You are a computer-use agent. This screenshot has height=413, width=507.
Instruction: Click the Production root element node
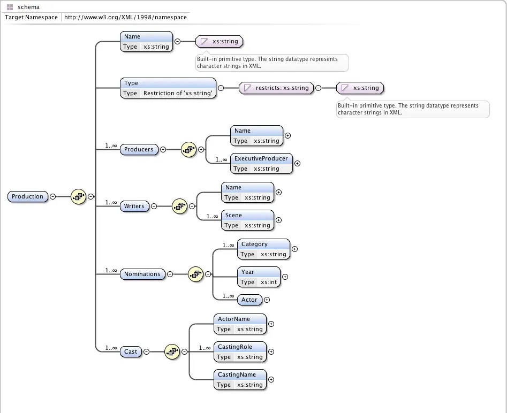click(x=27, y=196)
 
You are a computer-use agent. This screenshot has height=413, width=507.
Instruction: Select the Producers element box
click(x=139, y=149)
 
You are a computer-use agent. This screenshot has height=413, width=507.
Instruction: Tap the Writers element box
click(x=134, y=206)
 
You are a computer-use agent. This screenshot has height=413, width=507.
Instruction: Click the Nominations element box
click(x=142, y=274)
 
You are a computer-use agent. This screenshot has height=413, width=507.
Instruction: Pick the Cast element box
click(x=131, y=351)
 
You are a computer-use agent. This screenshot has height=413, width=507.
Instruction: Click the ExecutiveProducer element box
click(x=261, y=164)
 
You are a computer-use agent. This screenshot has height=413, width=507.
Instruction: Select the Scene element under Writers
click(x=247, y=220)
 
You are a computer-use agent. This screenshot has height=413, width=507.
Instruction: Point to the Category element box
click(x=263, y=249)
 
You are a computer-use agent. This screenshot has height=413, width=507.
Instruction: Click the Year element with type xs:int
click(x=259, y=277)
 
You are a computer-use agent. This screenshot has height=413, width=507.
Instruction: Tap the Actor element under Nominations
click(x=249, y=300)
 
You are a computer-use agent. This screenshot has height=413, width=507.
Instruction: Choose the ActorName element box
click(x=240, y=324)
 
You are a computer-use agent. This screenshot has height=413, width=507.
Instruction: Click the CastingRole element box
click(x=240, y=352)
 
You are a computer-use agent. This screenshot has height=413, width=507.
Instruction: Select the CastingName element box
click(x=240, y=380)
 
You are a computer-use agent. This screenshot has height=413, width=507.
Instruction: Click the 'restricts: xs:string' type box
click(x=276, y=88)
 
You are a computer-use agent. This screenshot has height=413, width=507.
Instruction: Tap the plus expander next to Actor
click(x=267, y=300)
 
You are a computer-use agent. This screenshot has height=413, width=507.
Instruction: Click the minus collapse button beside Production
click(x=52, y=196)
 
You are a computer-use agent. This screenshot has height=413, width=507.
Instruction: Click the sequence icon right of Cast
click(x=172, y=351)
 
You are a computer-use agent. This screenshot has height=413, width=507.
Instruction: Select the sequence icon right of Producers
click(x=189, y=149)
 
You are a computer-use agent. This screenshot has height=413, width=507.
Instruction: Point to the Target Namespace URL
click(x=125, y=17)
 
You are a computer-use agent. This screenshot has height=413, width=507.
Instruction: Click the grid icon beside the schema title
click(x=10, y=7)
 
